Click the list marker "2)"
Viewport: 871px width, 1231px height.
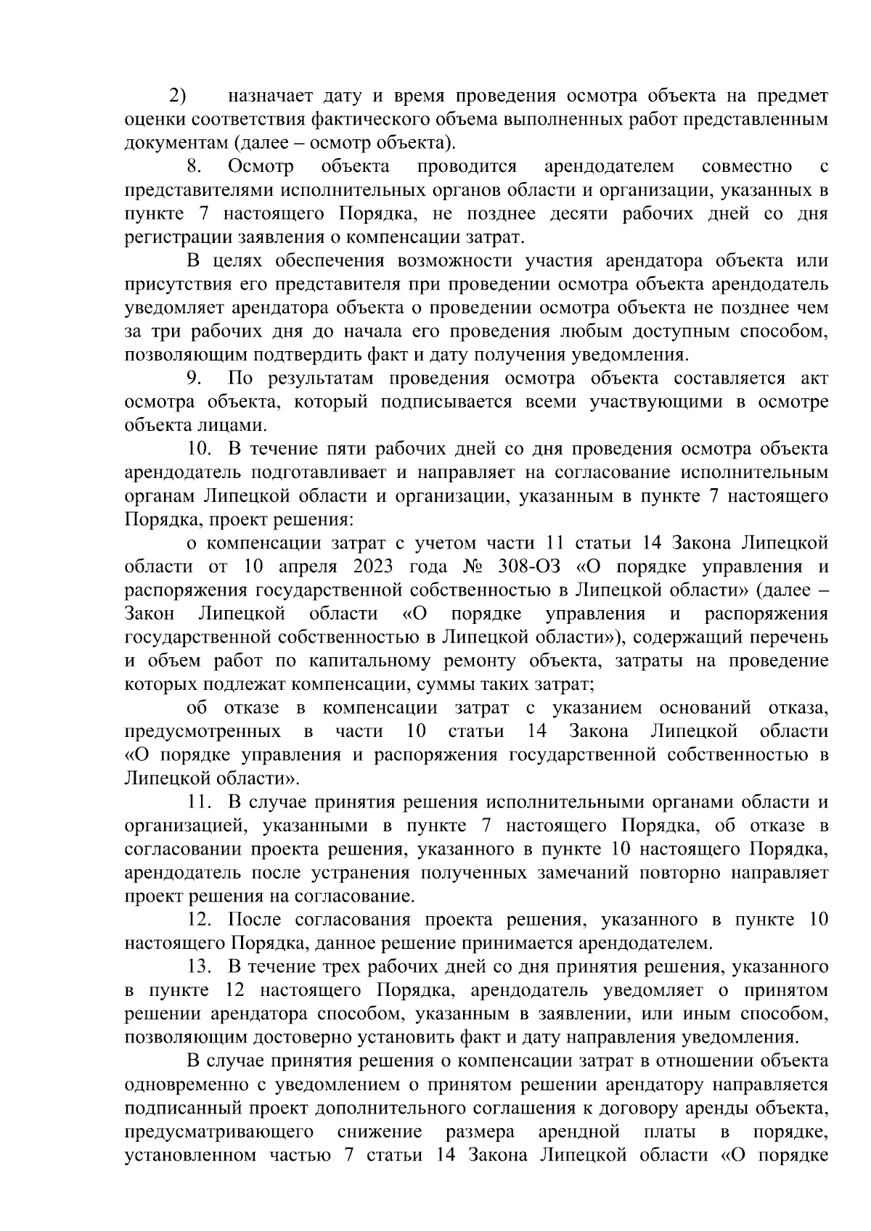(178, 96)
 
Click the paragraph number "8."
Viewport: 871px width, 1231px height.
(195, 167)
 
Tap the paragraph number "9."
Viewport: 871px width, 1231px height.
(195, 379)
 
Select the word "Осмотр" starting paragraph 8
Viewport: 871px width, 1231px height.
(261, 167)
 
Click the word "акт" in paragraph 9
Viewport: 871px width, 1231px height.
(814, 379)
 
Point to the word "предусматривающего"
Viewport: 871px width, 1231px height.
(219, 1132)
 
